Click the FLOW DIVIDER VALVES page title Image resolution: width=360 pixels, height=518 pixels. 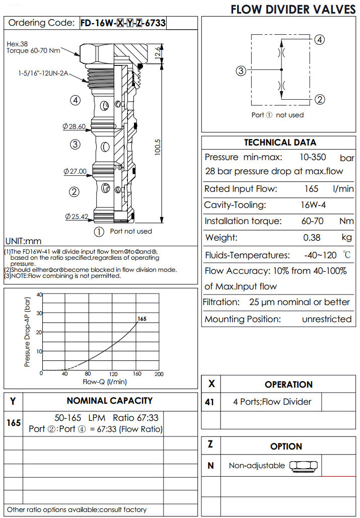pos(293,9)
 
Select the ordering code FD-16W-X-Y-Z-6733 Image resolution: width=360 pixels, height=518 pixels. pos(123,23)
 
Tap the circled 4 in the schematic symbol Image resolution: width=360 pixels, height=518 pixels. pos(320,40)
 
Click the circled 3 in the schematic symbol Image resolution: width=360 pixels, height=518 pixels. pos(241,71)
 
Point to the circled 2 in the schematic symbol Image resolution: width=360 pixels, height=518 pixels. pos(320,99)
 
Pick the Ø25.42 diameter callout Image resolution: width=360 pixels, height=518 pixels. pos(77,217)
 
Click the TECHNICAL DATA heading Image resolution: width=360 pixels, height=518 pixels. pos(280,142)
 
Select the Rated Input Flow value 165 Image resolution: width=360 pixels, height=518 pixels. pos(312,189)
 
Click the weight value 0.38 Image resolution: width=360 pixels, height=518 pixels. pos(312,238)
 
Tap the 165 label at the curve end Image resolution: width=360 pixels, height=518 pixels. pos(142,319)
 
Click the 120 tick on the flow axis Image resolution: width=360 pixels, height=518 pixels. pos(114,374)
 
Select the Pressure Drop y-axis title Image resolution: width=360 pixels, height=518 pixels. pos(28,332)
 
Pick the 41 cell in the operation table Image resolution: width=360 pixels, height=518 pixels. pos(210,402)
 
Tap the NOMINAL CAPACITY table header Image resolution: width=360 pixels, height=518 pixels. pos(109,401)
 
